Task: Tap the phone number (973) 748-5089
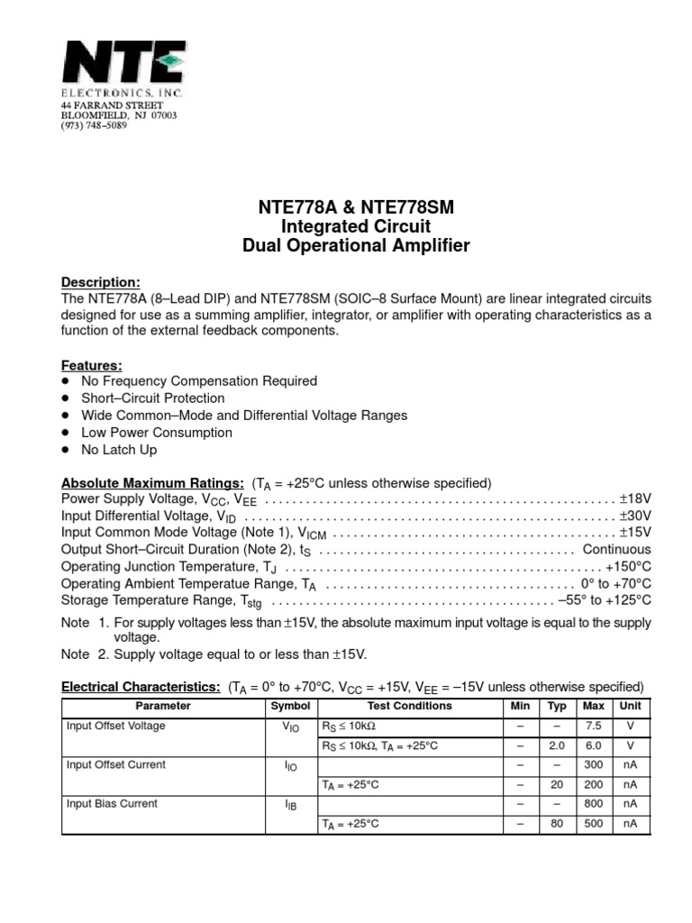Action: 94,126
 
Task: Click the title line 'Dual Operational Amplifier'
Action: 359,246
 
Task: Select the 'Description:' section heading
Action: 100,282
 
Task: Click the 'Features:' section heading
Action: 91,365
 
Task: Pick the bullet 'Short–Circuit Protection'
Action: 152,398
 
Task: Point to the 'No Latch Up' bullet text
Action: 119,450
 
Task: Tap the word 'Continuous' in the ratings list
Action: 616,550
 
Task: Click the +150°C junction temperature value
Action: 628,567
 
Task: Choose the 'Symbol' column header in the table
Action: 290,707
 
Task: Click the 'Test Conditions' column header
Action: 410,707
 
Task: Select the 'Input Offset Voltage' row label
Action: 116,726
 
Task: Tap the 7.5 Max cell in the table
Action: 593,726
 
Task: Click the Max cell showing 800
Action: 593,804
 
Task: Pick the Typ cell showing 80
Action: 557,824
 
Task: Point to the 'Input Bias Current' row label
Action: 112,804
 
